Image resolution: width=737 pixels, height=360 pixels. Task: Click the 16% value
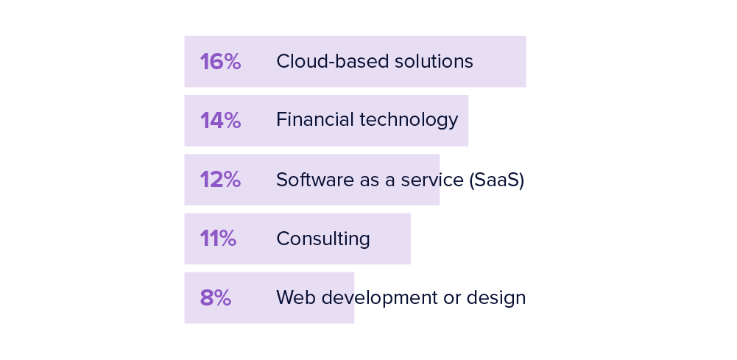coord(220,62)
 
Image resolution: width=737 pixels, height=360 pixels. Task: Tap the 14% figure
coord(220,121)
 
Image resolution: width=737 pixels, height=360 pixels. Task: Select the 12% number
coord(220,180)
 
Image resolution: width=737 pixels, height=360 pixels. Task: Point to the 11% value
coord(218,239)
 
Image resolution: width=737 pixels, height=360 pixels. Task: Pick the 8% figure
coord(215,297)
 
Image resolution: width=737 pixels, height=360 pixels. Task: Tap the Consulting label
coord(323,239)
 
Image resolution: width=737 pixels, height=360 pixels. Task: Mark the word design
coord(501,298)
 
